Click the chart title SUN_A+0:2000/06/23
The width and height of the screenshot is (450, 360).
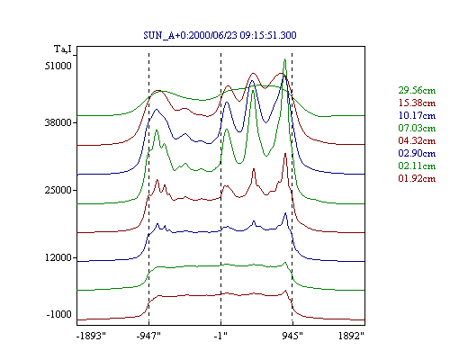click(x=190, y=35)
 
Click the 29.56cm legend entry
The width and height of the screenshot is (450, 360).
click(x=417, y=90)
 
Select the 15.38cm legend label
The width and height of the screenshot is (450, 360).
click(x=417, y=103)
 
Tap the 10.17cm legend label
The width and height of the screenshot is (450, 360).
click(x=417, y=115)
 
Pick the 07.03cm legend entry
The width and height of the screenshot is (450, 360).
click(x=417, y=128)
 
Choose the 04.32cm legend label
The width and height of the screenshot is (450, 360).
click(x=417, y=140)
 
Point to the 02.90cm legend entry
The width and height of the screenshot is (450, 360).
click(x=417, y=153)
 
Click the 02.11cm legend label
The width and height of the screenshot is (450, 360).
click(x=417, y=166)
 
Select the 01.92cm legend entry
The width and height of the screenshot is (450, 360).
click(x=417, y=178)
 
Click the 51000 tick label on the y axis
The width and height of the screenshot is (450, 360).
click(x=58, y=66)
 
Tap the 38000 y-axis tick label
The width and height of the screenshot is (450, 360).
click(x=58, y=122)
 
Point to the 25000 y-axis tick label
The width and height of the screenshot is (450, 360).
click(x=58, y=190)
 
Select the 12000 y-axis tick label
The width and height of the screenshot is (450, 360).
click(x=58, y=257)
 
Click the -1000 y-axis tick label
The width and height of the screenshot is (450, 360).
click(x=59, y=314)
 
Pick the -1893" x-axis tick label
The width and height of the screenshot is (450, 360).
click(x=92, y=336)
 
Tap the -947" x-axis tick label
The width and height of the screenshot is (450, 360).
click(x=148, y=336)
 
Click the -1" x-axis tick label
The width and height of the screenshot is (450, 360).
click(x=220, y=336)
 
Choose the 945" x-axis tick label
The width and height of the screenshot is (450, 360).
click(x=292, y=336)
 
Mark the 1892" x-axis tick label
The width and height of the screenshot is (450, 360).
click(x=351, y=336)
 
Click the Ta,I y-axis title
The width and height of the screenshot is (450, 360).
click(x=63, y=49)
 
